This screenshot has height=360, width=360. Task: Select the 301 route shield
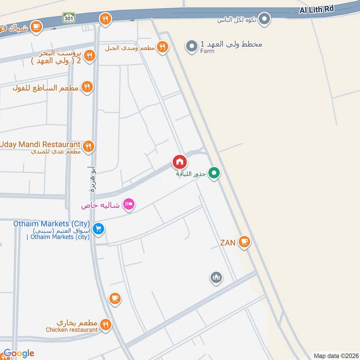click(x=69, y=18)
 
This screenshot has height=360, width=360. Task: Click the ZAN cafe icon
click(x=244, y=242)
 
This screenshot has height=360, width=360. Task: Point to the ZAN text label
click(x=228, y=243)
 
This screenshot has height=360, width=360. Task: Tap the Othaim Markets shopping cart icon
click(x=99, y=229)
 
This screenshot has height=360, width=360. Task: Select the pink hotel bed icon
click(x=129, y=205)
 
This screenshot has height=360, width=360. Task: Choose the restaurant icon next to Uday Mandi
click(x=88, y=146)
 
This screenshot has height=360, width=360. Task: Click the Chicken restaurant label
click(x=72, y=330)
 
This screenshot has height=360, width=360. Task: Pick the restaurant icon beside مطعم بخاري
click(x=106, y=324)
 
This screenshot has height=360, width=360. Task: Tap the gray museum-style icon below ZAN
click(x=216, y=278)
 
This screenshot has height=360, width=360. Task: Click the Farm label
click(x=207, y=51)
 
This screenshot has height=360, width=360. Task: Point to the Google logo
click(x=18, y=354)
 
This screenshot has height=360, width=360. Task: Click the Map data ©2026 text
click(x=335, y=355)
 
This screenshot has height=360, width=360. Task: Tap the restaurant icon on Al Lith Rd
click(x=105, y=18)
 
